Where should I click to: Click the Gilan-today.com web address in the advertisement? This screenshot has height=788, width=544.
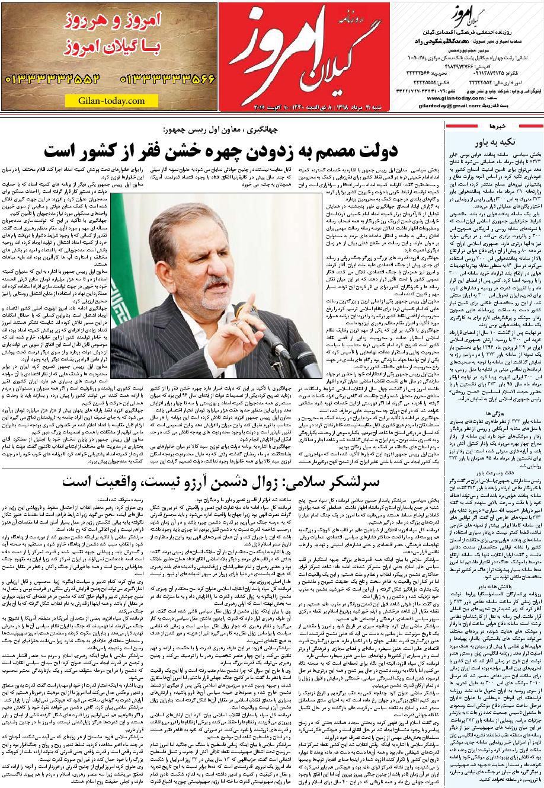coord(111,101)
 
